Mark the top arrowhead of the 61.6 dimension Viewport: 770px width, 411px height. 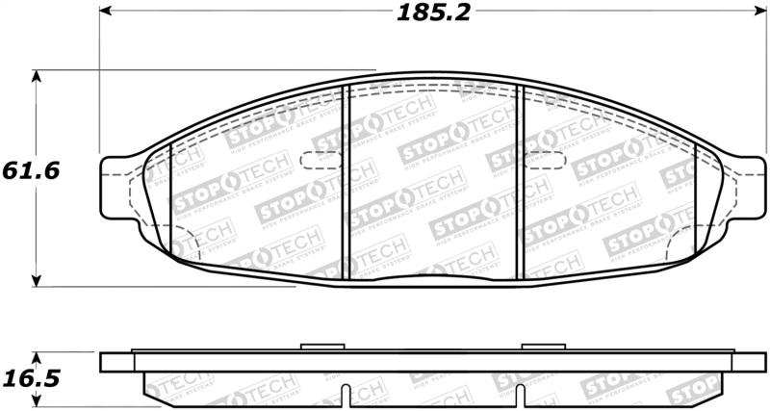pos(37,75)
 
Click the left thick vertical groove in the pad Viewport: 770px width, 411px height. pos(346,183)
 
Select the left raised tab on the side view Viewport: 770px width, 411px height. pos(316,347)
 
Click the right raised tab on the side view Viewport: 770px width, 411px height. pos(535,347)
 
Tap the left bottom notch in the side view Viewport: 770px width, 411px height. pos(346,396)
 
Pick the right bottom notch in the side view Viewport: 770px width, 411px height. pos(520,396)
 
